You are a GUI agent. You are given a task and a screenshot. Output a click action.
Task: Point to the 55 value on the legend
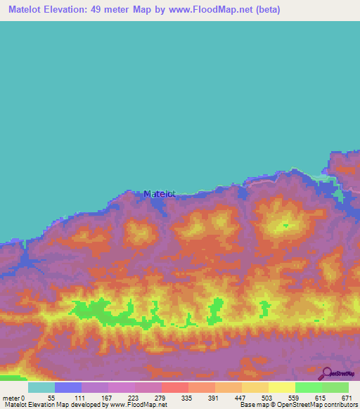coord(51,397)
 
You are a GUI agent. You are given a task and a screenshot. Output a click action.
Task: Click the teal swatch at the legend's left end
coord(41,387)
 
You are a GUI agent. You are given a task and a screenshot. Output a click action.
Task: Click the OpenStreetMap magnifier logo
coord(326,375)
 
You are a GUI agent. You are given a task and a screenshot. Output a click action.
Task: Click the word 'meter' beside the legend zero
coord(9,397)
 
